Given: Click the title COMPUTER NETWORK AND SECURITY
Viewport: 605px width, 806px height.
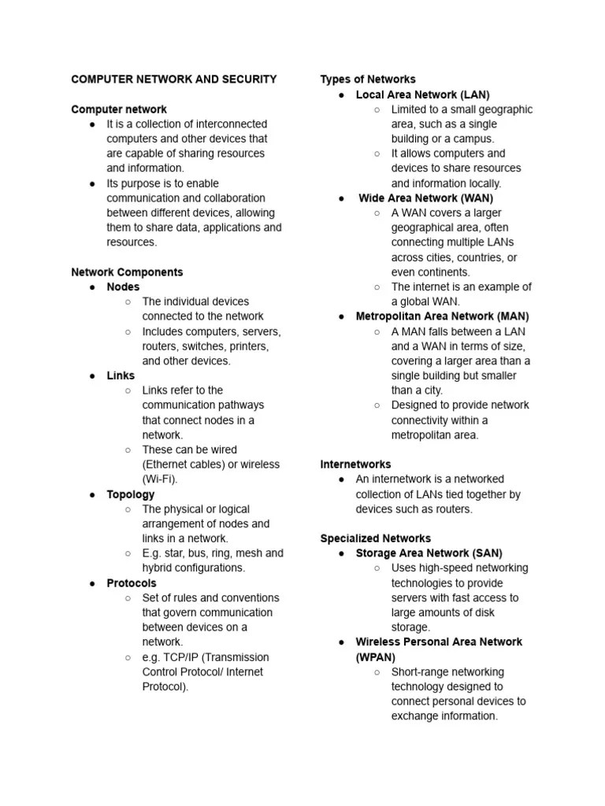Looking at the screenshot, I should click(x=173, y=79).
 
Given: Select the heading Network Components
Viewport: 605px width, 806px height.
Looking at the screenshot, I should click(x=127, y=272).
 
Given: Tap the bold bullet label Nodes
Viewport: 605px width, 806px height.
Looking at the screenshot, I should click(x=123, y=287).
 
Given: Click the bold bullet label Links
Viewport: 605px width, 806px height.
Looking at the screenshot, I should click(x=121, y=376).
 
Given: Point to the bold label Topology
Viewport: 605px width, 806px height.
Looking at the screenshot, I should click(x=131, y=494).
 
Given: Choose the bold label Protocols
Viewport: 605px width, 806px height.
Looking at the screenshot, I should click(x=132, y=583).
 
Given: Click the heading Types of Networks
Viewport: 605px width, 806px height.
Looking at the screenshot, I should click(x=368, y=79).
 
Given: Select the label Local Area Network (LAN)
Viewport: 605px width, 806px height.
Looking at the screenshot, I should click(x=422, y=94).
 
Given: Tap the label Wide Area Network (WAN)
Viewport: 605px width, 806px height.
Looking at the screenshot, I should click(x=425, y=198).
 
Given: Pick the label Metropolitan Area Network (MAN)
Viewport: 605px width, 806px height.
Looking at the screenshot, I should click(x=442, y=316).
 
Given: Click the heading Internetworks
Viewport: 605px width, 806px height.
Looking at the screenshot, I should click(x=355, y=464).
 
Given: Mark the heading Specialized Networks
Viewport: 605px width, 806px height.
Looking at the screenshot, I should click(x=375, y=538).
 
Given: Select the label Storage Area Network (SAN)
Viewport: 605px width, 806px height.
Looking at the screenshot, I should click(x=429, y=553).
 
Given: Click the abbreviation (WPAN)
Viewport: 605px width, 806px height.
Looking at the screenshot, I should click(x=376, y=657).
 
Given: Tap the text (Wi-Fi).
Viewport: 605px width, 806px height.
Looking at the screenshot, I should click(x=160, y=479).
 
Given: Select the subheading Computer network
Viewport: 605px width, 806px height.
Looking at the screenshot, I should click(x=119, y=109).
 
